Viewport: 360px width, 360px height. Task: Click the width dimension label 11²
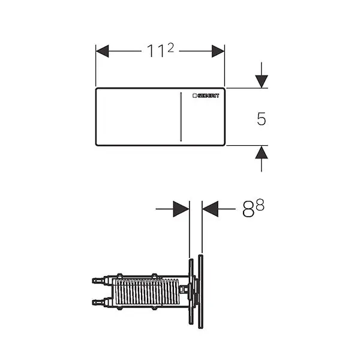pos(160,50)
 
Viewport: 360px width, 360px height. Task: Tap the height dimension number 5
pos(261,119)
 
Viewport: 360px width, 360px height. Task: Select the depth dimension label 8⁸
pos(253,208)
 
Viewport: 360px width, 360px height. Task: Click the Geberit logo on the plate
pos(206,96)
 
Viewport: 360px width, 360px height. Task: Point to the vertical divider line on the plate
pos(181,116)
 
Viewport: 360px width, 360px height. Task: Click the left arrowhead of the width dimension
pos(102,51)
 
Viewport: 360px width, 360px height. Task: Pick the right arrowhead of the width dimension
pos(218,51)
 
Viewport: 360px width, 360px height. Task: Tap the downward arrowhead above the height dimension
pos(262,81)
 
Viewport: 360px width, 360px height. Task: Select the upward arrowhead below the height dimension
pos(262,152)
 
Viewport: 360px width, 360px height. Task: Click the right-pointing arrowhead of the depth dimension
pos(181,209)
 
